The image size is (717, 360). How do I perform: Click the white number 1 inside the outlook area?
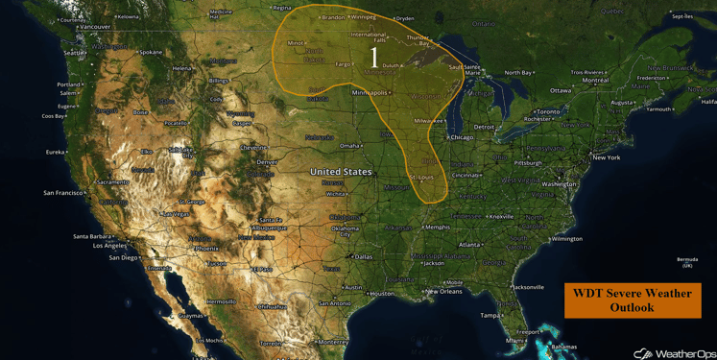coord(373,58)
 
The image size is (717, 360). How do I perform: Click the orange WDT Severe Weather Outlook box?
coord(632,300)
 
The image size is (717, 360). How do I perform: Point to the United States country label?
coord(341,172)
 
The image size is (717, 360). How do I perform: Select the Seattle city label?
coord(73,53)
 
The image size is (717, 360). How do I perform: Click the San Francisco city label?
coord(63,193)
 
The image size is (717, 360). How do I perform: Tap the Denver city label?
coord(267,162)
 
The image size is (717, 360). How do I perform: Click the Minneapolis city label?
coord(371,93)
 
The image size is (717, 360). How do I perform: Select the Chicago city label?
coord(462,137)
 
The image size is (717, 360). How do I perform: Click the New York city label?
coord(606,157)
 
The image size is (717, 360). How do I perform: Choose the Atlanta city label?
coord(469,245)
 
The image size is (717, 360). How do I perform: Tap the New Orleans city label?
coord(444,292)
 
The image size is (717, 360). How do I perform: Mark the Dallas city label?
coord(363,257)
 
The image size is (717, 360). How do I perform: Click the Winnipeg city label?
coord(364,17)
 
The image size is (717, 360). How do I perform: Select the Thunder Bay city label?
coord(418,40)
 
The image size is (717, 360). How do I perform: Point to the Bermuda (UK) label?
coord(686,262)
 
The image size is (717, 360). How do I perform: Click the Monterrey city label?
coord(332,342)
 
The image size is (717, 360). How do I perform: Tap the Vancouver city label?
coord(95,27)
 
